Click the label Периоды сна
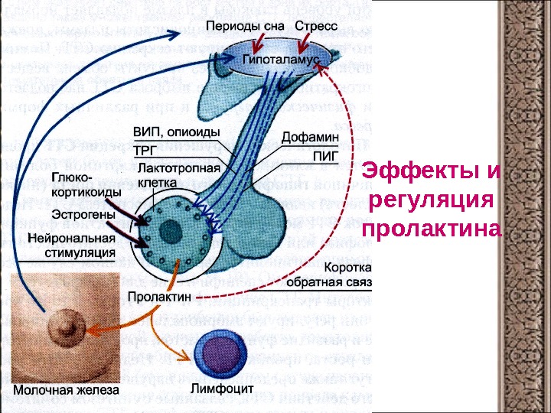[x=246, y=26]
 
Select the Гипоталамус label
[x=281, y=58]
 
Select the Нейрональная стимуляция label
[x=71, y=244]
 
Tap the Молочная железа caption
[x=67, y=390]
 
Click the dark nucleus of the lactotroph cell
[x=175, y=232]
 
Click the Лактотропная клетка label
[x=177, y=175]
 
